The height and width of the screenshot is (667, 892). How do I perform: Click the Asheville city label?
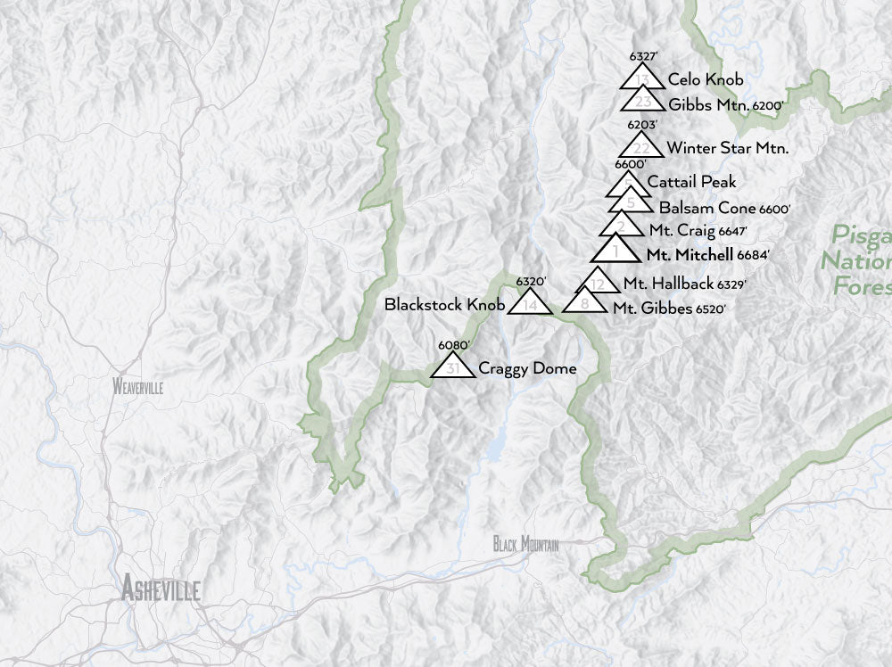tap(161, 589)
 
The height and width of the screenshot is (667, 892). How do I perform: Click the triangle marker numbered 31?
tap(453, 366)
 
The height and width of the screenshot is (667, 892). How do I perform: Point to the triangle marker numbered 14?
tap(530, 303)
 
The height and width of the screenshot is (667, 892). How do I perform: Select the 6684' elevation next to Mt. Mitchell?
tap(753, 255)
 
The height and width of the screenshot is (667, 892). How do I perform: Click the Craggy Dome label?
tap(527, 368)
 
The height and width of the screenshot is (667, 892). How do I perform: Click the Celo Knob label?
tap(705, 79)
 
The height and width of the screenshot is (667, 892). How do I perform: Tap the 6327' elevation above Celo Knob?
tap(643, 56)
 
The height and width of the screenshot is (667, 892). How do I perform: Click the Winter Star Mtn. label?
tap(727, 147)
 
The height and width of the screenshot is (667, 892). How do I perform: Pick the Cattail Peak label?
tap(691, 181)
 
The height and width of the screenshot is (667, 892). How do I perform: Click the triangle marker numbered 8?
tap(584, 303)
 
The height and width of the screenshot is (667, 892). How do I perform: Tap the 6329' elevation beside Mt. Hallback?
tap(730, 284)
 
